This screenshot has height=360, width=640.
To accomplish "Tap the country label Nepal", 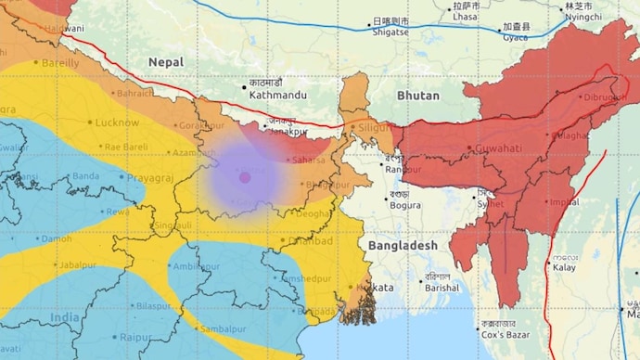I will (x=166, y=62).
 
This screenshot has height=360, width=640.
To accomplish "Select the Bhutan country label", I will (x=417, y=96).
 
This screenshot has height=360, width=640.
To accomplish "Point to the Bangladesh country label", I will (x=402, y=245).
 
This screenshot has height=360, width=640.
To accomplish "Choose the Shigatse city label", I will (x=389, y=32).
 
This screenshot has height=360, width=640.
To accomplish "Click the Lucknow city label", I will (x=117, y=122).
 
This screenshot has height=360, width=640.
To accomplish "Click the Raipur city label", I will (x=135, y=340).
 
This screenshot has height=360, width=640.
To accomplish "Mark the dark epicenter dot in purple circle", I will (x=245, y=176).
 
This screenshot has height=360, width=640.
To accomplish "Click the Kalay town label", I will (x=565, y=267).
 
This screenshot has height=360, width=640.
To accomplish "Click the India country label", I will (x=65, y=317).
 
